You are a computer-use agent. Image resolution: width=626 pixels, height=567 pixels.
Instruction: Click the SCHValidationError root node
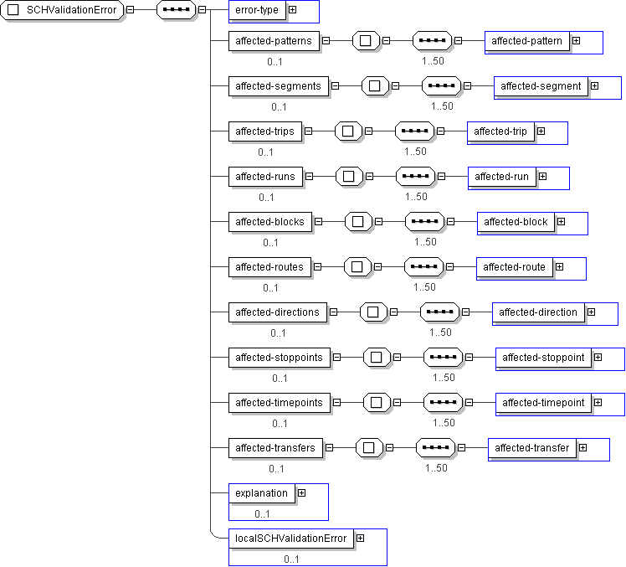[62, 10]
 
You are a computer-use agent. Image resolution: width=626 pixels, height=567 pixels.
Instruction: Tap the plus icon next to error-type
[293, 9]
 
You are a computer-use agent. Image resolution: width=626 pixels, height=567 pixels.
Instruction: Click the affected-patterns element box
[274, 41]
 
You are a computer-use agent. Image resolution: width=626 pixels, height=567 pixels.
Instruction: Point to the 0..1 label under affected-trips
[265, 152]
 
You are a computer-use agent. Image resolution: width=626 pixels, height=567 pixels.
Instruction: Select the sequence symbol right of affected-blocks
[425, 221]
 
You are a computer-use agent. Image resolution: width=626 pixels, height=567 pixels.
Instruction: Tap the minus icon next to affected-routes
[317, 266]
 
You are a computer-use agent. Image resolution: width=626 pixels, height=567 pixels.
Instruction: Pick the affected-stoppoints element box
[280, 358]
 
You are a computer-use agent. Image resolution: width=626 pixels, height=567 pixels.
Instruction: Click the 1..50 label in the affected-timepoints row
[444, 423]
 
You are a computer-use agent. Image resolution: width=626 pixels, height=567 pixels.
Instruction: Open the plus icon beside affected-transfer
[582, 447]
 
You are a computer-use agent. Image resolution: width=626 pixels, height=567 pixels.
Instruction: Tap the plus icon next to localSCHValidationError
[360, 539]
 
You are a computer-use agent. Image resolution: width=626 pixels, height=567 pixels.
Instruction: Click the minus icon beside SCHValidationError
[131, 9]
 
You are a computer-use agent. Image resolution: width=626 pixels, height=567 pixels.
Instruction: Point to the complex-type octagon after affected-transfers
[369, 447]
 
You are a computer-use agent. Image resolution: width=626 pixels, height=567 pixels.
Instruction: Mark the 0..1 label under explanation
[262, 514]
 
